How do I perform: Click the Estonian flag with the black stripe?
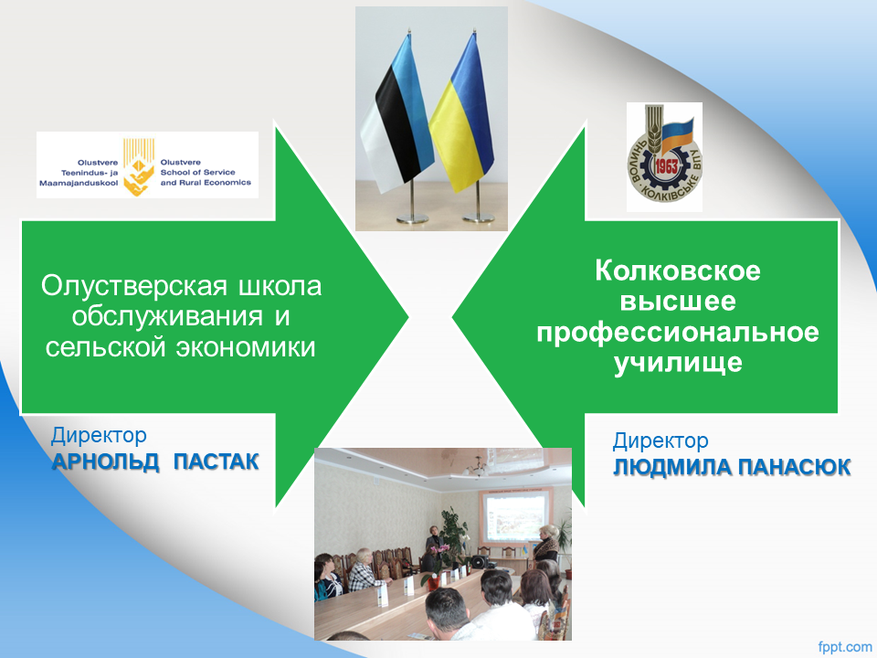tap(398, 115)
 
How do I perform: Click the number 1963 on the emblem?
tap(666, 166)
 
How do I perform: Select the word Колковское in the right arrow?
tap(678, 271)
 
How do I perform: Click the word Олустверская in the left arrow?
tap(134, 286)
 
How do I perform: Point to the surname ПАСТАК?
tap(216, 462)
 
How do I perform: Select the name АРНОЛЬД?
tap(106, 462)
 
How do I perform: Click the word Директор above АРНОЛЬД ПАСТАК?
tap(99, 435)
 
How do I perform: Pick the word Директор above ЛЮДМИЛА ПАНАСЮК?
tap(660, 440)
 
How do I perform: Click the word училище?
tap(678, 363)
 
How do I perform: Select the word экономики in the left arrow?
tap(246, 347)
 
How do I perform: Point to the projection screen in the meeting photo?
tap(515, 517)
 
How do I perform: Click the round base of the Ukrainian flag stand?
tap(478, 218)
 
